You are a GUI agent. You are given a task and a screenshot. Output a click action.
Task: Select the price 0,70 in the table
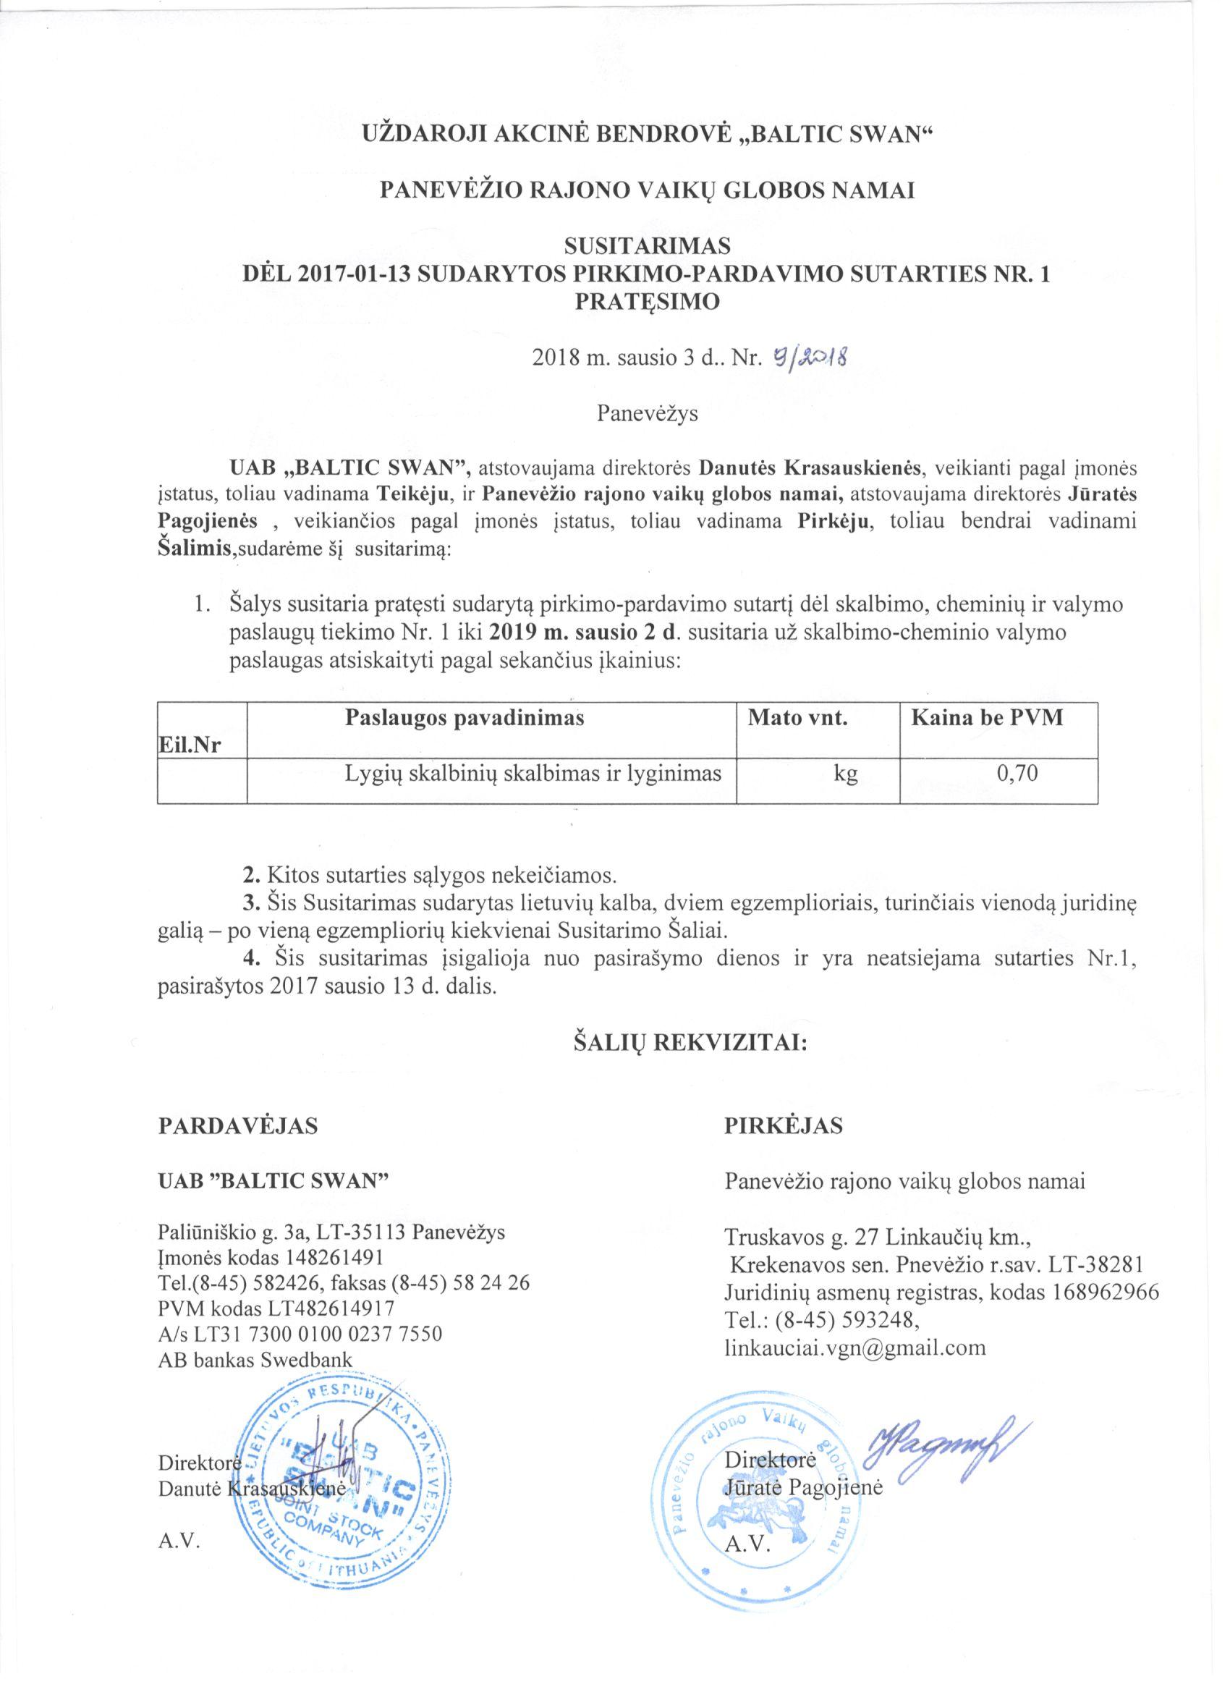point(1017,773)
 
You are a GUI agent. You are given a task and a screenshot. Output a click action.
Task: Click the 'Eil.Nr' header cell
point(190,744)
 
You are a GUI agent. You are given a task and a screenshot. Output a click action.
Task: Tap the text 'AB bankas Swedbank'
point(255,1359)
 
